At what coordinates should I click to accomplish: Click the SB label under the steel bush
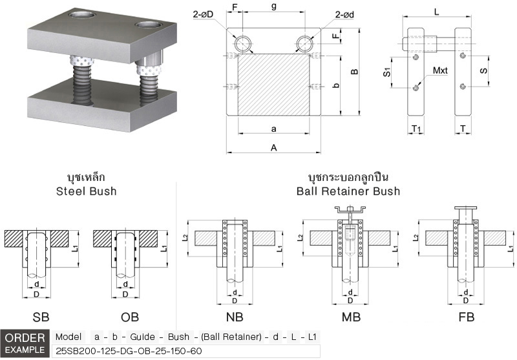41,317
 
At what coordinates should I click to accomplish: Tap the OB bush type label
130,317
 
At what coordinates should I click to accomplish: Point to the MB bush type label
350,317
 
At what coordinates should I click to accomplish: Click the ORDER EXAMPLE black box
25,343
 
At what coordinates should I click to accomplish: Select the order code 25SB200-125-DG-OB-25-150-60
120,350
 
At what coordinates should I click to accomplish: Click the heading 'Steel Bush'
86,191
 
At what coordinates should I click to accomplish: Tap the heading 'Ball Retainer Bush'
348,191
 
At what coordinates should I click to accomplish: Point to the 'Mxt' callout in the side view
440,70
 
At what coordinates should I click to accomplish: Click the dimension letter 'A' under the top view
274,148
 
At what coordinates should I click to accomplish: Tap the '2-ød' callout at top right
344,14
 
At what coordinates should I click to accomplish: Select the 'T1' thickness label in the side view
416,130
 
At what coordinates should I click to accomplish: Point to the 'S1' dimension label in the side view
387,72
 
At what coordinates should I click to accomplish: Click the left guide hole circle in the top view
244,43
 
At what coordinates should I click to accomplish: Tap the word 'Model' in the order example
69,337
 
